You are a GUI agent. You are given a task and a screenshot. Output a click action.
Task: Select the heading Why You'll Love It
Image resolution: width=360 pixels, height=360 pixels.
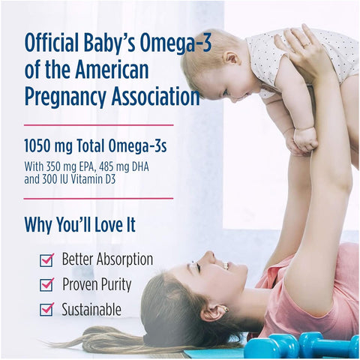click(x=83, y=223)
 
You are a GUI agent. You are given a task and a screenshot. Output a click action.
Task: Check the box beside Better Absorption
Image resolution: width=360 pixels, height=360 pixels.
click(x=46, y=260)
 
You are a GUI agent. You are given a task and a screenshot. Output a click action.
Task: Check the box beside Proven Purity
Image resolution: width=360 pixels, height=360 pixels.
click(x=46, y=285)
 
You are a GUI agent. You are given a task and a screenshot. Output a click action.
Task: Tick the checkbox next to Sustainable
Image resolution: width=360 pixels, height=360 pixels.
click(x=46, y=309)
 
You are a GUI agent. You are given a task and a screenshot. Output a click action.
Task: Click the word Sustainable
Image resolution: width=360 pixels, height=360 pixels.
click(x=91, y=309)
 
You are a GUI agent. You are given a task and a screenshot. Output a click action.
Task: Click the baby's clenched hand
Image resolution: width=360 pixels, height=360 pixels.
click(x=305, y=139)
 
